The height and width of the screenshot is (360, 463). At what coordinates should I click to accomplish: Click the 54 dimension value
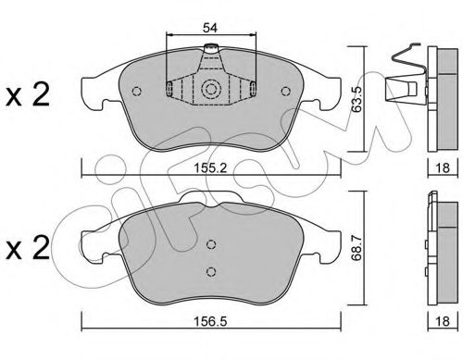pyautogui.click(x=210, y=28)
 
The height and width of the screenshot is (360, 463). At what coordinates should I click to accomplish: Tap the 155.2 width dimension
pyautogui.click(x=210, y=168)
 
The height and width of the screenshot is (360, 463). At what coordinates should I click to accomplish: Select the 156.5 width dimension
pyautogui.click(x=210, y=321)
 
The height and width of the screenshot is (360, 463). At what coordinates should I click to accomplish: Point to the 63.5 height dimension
pyautogui.click(x=357, y=99)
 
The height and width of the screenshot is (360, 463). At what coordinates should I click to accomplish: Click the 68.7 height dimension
pyautogui.click(x=357, y=248)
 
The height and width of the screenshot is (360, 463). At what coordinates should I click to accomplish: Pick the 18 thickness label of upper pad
pyautogui.click(x=443, y=168)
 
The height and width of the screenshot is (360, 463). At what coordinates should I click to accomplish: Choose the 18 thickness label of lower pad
pyautogui.click(x=443, y=321)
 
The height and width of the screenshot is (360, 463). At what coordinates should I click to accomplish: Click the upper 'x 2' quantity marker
pyautogui.click(x=28, y=95)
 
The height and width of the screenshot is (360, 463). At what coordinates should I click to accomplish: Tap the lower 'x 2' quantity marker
pyautogui.click(x=28, y=248)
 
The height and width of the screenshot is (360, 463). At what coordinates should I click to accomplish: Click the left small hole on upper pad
pyautogui.click(x=136, y=91)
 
